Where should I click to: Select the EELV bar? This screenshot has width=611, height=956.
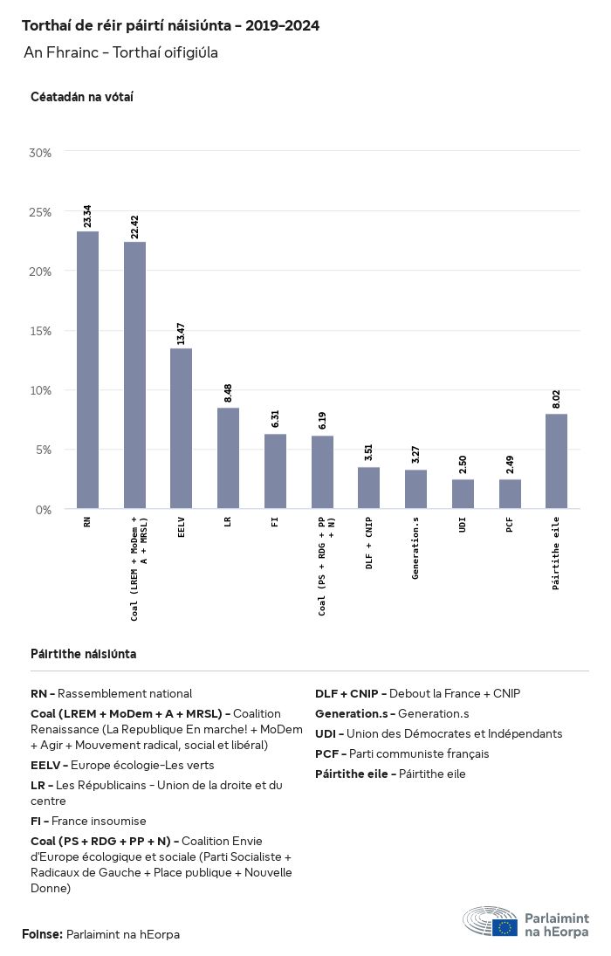click(x=181, y=428)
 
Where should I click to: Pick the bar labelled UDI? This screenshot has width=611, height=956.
click(x=463, y=493)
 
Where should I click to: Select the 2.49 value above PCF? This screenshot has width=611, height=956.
click(x=510, y=464)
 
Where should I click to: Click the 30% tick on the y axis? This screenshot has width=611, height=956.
click(x=41, y=153)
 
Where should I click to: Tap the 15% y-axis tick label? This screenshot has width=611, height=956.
click(x=41, y=331)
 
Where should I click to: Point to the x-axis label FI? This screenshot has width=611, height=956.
click(x=275, y=524)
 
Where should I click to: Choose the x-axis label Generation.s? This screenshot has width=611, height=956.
click(x=416, y=548)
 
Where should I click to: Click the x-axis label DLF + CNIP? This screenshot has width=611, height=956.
click(x=369, y=544)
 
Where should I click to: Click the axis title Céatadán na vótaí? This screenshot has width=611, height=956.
click(x=81, y=97)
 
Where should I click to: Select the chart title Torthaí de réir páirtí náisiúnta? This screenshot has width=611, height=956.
click(x=170, y=26)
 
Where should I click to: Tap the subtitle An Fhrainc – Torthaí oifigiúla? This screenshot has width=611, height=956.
click(x=120, y=53)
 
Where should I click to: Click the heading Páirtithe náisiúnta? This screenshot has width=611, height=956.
click(x=83, y=654)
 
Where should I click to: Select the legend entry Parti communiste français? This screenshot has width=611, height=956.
click(x=419, y=753)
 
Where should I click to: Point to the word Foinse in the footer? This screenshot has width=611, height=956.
click(x=42, y=934)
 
